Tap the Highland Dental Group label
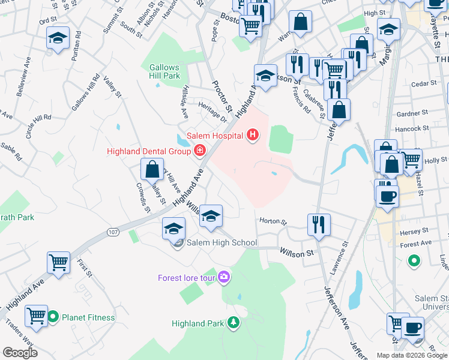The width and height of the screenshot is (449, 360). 148,151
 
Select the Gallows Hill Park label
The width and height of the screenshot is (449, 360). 164,72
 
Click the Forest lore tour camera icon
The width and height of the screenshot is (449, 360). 224,277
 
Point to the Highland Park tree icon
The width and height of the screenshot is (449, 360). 233,323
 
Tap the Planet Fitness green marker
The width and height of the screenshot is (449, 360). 53,316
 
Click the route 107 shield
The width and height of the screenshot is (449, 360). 113,231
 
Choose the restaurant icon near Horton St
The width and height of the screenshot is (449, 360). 318,224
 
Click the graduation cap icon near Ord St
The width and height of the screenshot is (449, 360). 58,38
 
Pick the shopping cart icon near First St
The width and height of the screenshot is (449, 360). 58,262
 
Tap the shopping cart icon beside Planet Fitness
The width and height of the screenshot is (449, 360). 36,315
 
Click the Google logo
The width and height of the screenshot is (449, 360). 20,352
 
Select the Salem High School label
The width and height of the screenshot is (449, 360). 221,243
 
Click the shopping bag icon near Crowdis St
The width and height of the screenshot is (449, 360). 152,169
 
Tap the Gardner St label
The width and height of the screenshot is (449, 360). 412,112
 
